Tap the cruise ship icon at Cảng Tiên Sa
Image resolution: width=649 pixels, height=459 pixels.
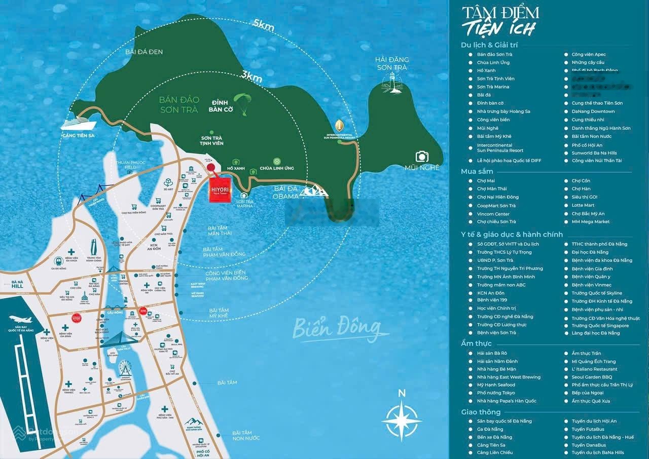78,124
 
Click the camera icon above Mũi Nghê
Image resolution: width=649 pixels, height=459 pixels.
422,156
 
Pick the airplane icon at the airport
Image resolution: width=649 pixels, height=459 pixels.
21,320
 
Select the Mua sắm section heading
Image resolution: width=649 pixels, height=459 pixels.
477,172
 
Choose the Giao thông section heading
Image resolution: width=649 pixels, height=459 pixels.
481,412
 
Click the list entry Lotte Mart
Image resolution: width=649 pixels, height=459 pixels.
583,205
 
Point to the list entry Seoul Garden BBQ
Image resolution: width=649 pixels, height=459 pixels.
591,377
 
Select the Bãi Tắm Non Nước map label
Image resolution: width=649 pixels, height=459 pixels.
242,436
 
